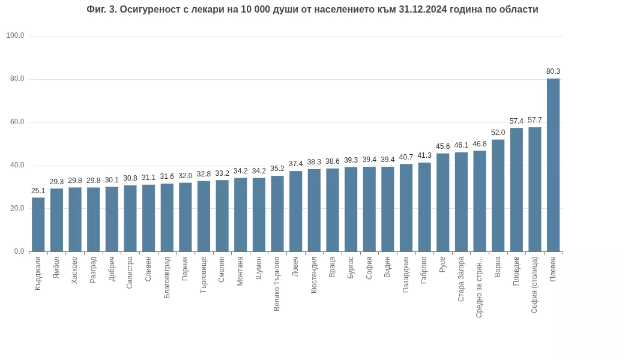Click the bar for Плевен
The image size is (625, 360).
(x=553, y=165)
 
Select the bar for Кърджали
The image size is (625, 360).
(x=38, y=224)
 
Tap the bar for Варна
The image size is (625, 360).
(x=498, y=196)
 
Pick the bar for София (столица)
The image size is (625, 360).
(x=534, y=189)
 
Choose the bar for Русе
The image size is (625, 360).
(x=442, y=202)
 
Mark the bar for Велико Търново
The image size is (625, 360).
(x=277, y=214)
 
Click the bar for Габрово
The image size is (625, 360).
(x=424, y=207)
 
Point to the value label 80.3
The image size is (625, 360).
(x=553, y=71)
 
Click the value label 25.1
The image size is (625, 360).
(x=38, y=191)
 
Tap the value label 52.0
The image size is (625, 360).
(x=498, y=133)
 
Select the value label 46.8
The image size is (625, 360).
(x=479, y=144)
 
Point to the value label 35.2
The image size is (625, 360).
(x=277, y=169)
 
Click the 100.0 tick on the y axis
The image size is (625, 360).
(x=15, y=35)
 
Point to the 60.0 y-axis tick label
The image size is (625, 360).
(x=17, y=122)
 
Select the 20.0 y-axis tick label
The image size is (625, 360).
(x=17, y=208)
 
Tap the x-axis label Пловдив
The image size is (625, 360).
(x=516, y=271)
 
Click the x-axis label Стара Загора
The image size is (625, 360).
(x=461, y=279)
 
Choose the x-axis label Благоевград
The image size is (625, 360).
(x=167, y=277)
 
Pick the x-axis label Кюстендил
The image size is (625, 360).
(x=314, y=275)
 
